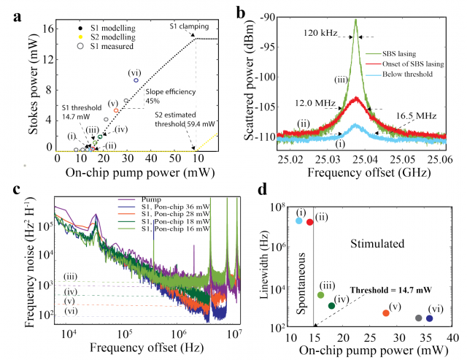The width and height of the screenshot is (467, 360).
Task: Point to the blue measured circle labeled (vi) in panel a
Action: click(136, 80)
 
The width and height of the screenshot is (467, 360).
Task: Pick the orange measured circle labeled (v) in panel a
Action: click(117, 110)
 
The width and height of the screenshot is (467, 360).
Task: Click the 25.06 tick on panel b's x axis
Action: click(444, 155)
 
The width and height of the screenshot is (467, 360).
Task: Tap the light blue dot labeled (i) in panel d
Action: click(299, 220)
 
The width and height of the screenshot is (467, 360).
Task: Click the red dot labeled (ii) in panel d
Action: click(309, 221)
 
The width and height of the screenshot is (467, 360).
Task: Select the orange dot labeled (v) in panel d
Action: click(385, 313)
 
